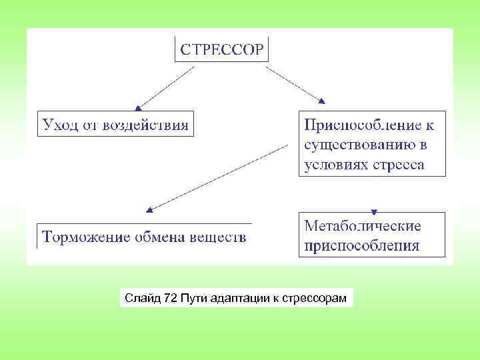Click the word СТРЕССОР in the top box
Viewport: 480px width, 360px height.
pos(222,49)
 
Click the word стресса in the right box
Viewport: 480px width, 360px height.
pos(399,165)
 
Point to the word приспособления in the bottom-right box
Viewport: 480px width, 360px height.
pos(362,245)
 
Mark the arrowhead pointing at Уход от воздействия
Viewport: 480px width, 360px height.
pos(138,107)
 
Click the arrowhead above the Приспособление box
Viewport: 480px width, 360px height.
pos(322,101)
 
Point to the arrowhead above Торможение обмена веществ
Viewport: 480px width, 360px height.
pos(149,209)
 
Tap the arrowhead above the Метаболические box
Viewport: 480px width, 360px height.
pos(373,207)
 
